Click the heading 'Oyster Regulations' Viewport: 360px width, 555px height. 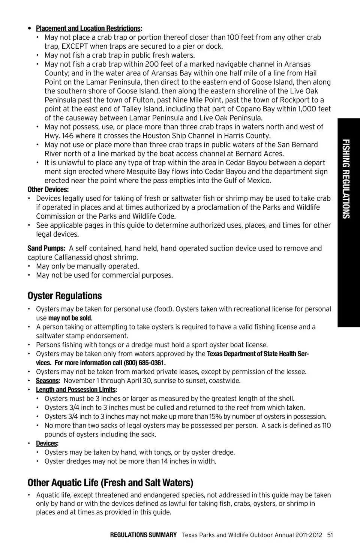coord(64,296)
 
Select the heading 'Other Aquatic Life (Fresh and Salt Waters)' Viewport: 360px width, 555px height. coord(110,483)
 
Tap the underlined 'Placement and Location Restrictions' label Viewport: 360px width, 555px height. coord(88,28)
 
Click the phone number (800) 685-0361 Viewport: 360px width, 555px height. coord(144,363)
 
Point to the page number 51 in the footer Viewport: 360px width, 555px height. coord(330,535)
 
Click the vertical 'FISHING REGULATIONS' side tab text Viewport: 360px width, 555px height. coord(346,179)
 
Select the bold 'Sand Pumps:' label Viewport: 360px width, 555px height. coord(46,248)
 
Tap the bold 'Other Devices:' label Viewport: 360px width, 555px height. coord(48,190)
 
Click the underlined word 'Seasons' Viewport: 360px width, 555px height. coord(47,381)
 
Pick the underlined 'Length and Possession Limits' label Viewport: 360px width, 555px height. coord(75,390)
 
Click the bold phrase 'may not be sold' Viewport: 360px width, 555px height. coord(70,318)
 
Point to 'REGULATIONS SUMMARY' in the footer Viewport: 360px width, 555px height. coord(143,535)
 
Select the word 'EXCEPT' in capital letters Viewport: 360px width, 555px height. coord(75,46)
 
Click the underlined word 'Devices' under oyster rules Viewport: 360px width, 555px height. coord(46,444)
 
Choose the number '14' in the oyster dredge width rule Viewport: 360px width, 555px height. coord(165,462)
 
